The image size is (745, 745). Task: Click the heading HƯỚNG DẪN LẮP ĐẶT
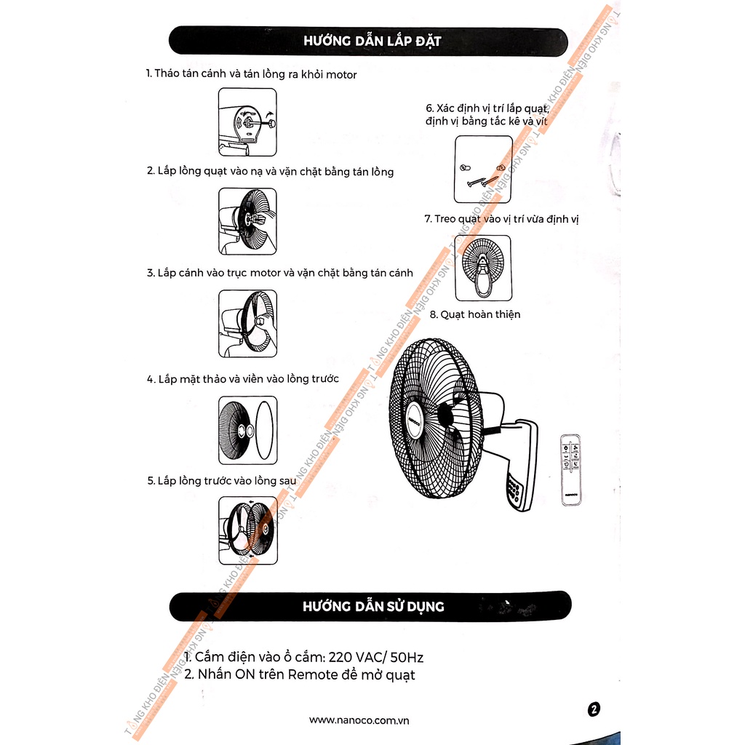372,41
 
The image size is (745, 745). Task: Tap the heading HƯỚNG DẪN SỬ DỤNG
372,606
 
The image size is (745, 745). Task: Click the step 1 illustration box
247,121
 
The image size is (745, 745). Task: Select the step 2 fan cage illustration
247,221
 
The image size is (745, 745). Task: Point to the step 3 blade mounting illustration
247,322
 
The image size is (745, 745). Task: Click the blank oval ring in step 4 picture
266,430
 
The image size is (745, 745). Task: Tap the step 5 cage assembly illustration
247,530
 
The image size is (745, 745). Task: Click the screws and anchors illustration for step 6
482,170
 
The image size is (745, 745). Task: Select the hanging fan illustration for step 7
482,268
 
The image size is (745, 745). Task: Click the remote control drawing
571,469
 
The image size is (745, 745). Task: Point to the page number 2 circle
594,709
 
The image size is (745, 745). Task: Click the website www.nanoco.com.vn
359,720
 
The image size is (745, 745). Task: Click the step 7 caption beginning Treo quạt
501,218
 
